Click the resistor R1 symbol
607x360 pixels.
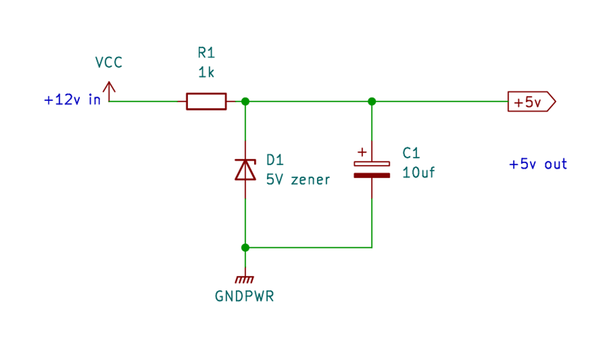point(206,101)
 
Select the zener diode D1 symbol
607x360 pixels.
point(245,169)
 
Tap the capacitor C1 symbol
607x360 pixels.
point(372,169)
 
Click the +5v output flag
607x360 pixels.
point(531,102)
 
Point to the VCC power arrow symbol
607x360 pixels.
point(110,91)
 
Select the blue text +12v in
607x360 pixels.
point(72,100)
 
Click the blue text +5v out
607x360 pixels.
point(538,164)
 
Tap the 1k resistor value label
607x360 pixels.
point(206,73)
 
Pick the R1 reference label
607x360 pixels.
point(205,53)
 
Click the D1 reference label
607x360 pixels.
point(275,158)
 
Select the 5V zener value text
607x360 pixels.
point(298,179)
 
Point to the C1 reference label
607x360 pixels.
point(412,153)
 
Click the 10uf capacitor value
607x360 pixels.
point(418,173)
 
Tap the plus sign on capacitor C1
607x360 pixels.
point(362,151)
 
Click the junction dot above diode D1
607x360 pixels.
point(245,101)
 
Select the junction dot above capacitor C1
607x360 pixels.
point(372,101)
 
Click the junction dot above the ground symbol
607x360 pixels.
point(245,247)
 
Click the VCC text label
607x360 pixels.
point(109,62)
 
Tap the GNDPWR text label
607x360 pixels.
point(245,296)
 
